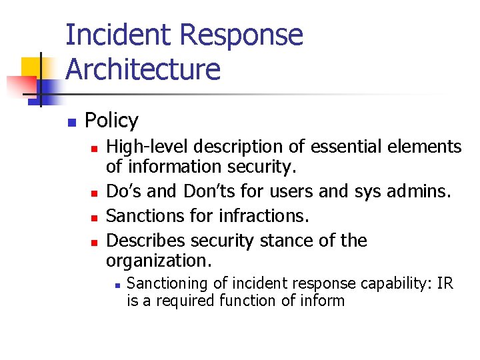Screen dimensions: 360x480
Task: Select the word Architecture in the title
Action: (x=143, y=69)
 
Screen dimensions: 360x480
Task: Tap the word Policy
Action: (x=111, y=121)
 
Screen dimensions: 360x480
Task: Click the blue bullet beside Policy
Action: (x=71, y=122)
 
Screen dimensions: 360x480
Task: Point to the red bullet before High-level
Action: (x=95, y=148)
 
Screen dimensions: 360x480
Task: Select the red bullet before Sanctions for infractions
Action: (x=95, y=217)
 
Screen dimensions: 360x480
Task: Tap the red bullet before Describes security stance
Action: (x=95, y=241)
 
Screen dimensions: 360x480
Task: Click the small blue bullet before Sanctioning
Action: (x=116, y=285)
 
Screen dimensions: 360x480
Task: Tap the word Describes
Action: (x=145, y=240)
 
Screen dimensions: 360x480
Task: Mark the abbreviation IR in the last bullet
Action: (x=445, y=284)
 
